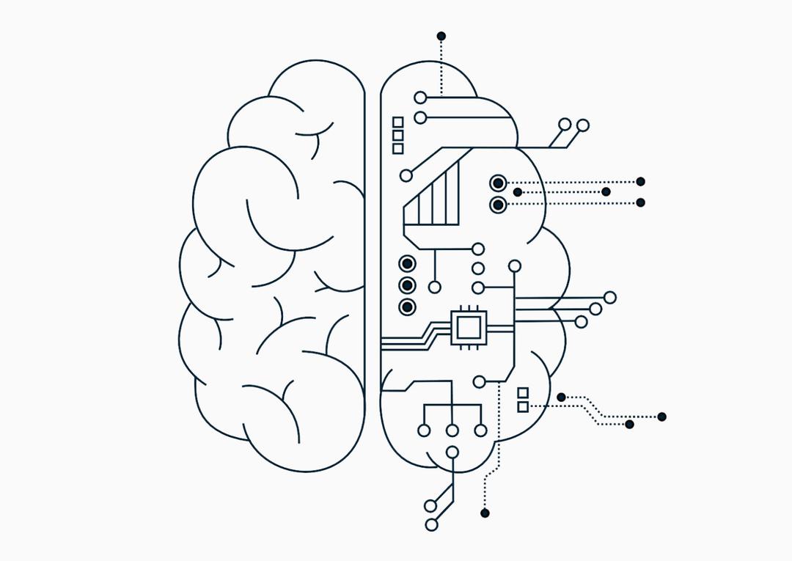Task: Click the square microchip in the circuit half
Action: click(x=468, y=326)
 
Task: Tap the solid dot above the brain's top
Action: click(x=441, y=36)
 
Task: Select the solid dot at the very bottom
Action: click(x=484, y=513)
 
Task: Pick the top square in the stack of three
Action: click(x=398, y=122)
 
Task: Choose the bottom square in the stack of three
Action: click(x=398, y=148)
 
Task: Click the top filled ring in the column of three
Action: click(x=407, y=264)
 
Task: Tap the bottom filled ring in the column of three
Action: click(x=407, y=307)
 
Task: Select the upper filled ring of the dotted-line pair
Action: click(x=498, y=183)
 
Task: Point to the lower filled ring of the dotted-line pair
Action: click(x=498, y=204)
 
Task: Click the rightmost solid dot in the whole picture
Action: click(x=661, y=417)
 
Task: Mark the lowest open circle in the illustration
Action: click(x=431, y=524)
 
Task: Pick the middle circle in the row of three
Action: click(x=452, y=430)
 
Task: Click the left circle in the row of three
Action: click(x=424, y=430)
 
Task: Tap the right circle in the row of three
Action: click(x=480, y=430)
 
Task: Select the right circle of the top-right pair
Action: click(x=583, y=125)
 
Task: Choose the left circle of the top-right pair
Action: click(x=565, y=125)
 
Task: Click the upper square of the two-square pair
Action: click(x=523, y=393)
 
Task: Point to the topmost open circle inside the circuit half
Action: click(x=420, y=98)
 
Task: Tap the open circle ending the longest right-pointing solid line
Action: click(x=609, y=297)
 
